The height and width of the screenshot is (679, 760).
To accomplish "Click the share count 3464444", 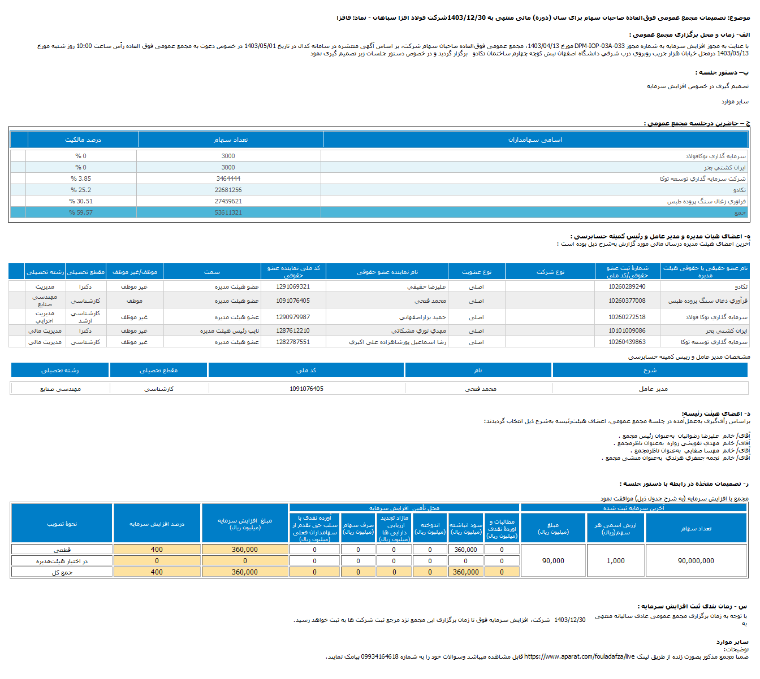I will [228, 179].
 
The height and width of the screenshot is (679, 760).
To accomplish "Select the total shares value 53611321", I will [228, 212].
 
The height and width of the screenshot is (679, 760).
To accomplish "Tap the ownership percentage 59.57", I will [81, 212].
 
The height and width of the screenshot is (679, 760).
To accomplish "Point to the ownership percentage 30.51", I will [81, 201].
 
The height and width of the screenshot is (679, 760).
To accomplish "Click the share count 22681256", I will [228, 190].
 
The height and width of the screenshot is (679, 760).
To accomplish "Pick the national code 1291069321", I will [293, 286].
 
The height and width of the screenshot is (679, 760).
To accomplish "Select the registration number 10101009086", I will [627, 330].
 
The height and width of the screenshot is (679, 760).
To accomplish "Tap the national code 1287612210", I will [293, 330].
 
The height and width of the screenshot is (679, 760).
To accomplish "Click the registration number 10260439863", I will [627, 342].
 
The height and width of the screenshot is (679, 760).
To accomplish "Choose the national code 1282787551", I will [293, 342].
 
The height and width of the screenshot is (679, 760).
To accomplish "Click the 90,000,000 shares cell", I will [696, 561].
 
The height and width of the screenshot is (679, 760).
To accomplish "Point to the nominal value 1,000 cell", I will [616, 561].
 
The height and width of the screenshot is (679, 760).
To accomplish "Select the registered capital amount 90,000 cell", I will [553, 561].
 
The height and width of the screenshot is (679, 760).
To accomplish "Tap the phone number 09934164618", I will [379, 656].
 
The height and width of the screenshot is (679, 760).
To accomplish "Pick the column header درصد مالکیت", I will [83, 140].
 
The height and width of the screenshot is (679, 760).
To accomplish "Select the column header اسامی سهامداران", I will [535, 140].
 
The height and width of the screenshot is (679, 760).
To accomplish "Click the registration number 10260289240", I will [627, 286].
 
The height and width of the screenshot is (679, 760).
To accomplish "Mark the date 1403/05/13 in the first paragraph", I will [733, 53].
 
